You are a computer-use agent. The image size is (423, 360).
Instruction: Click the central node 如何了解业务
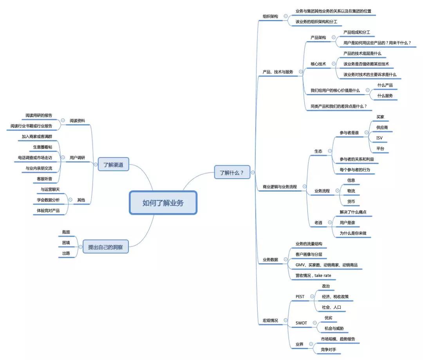[163, 203]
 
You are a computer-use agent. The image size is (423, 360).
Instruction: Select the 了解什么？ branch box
[232, 172]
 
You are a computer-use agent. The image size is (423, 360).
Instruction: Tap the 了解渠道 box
[113, 165]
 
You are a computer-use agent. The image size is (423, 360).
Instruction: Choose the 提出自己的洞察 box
[105, 247]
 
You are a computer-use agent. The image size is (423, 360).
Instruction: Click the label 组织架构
[270, 16]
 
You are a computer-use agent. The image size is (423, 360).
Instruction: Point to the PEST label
[300, 297]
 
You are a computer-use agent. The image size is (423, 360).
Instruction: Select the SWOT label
[301, 323]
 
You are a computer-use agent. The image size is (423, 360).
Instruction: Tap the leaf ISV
[379, 138]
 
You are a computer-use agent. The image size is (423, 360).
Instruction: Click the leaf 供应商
[382, 128]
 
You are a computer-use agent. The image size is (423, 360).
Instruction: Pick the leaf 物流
[351, 191]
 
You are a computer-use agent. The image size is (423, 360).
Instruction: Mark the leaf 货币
[351, 201]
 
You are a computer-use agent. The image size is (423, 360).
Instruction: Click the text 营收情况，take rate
[313, 275]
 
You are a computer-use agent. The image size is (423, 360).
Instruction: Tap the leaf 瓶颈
[66, 232]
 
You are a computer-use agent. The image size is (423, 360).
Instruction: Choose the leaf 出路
[66, 253]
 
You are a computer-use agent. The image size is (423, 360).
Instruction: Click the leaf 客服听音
[45, 179]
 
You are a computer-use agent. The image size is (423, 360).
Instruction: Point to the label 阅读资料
[77, 121]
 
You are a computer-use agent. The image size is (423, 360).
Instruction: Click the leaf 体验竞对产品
[48, 210]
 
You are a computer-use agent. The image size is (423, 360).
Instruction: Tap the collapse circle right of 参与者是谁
[366, 133]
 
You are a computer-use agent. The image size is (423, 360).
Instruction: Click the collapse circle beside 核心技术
[333, 64]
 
